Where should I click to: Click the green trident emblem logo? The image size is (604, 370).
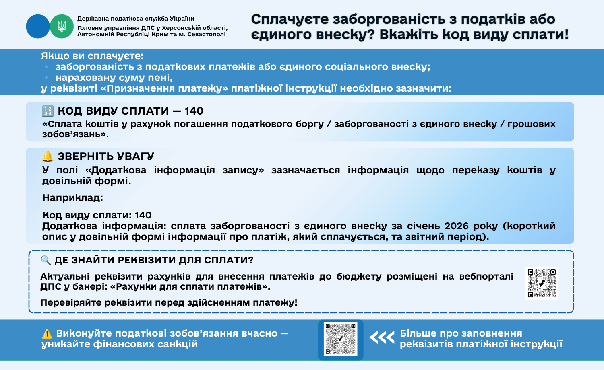click(62, 27)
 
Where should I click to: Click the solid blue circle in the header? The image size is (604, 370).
click(38, 27)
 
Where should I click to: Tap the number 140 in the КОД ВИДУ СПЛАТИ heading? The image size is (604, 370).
click(194, 111)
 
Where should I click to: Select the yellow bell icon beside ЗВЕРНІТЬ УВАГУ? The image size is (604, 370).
click(48, 156)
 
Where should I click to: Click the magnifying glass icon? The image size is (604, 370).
click(46, 260)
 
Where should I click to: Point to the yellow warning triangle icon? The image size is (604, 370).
click(47, 334)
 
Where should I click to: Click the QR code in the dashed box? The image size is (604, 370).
click(542, 283)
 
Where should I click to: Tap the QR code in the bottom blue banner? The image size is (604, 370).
click(341, 339)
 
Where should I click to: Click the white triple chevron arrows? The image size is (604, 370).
click(382, 338)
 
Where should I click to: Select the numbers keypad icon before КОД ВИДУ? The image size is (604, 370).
click(48, 111)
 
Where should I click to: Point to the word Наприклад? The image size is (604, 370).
click(73, 198)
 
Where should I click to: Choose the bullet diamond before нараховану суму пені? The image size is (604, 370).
click(47, 78)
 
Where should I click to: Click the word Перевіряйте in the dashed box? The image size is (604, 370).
click(71, 303)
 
